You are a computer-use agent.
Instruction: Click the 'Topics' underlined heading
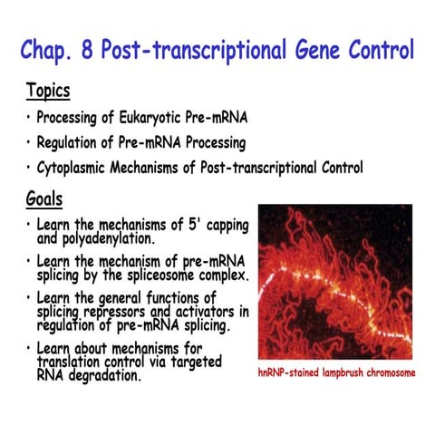click(x=48, y=92)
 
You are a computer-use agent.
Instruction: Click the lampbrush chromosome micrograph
click(x=334, y=282)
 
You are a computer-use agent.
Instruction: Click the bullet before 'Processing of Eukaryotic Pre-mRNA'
click(x=28, y=118)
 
